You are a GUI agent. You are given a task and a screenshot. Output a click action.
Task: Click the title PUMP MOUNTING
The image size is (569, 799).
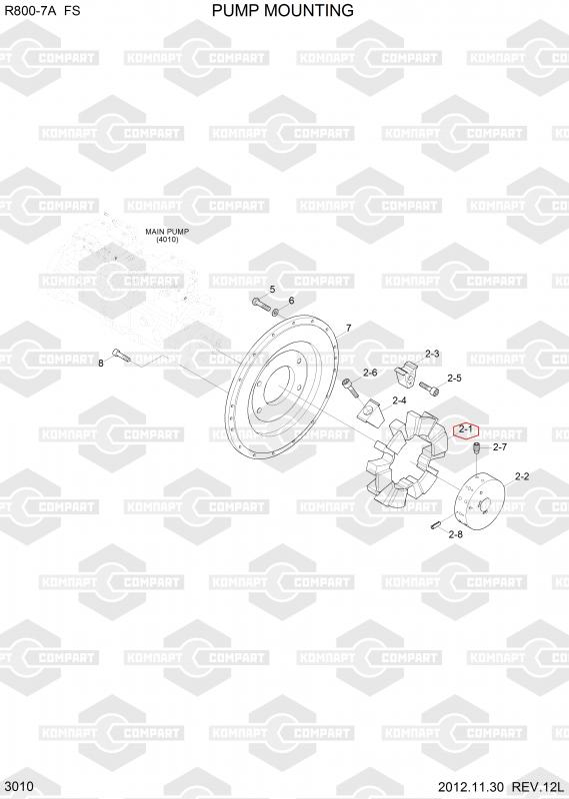[x=283, y=10]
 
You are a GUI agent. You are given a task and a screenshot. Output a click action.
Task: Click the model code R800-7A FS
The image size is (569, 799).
[x=42, y=11]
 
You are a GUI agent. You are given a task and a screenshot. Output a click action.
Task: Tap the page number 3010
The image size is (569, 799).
[x=18, y=786]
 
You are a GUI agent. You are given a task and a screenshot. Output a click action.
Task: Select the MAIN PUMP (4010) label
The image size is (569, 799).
[x=167, y=235]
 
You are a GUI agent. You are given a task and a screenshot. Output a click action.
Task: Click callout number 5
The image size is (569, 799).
[x=272, y=290]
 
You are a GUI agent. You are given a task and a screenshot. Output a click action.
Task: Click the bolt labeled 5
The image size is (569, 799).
[x=261, y=304]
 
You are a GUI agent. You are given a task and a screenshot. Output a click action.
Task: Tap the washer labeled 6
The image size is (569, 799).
[x=276, y=312]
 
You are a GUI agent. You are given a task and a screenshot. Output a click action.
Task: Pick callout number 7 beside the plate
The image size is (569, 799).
[x=349, y=328]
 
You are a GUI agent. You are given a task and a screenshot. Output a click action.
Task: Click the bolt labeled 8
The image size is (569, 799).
[x=121, y=356]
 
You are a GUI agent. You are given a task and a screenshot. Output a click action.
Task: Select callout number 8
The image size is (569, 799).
[x=101, y=364]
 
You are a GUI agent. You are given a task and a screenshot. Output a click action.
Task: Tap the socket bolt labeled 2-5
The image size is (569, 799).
[x=429, y=390]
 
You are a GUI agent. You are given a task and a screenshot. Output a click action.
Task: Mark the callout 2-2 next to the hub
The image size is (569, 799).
[x=522, y=477]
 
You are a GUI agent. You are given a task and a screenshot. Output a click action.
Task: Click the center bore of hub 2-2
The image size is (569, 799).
[x=484, y=505]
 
